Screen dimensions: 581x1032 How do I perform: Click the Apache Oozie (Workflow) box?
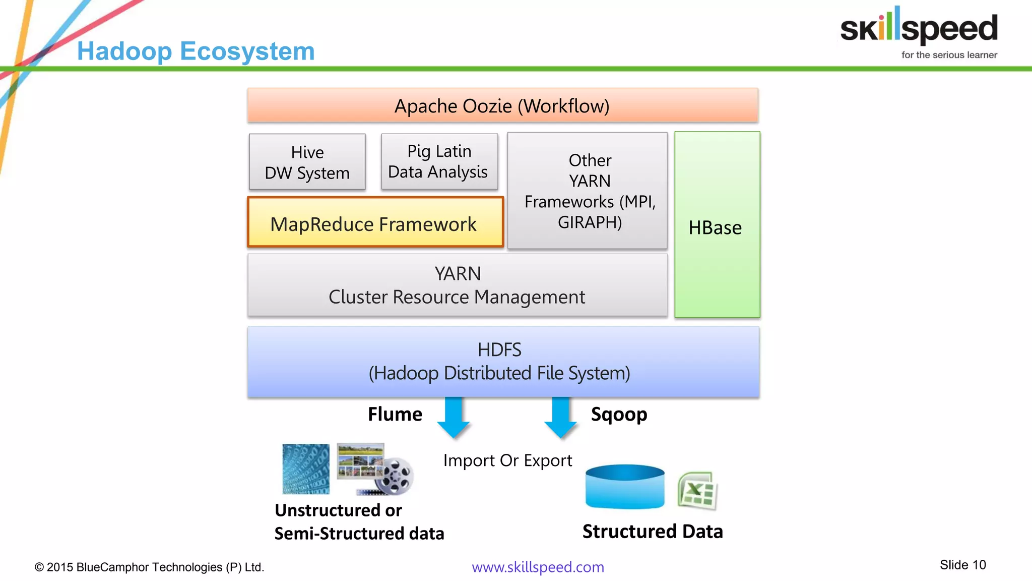(x=502, y=105)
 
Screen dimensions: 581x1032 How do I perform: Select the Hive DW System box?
(x=307, y=162)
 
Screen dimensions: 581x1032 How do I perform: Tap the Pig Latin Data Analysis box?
(x=439, y=161)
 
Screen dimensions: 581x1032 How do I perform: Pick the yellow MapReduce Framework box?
(x=375, y=222)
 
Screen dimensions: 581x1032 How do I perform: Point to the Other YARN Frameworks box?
(x=588, y=191)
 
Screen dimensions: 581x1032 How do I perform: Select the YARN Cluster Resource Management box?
(x=457, y=285)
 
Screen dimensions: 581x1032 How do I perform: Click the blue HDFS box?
(x=503, y=362)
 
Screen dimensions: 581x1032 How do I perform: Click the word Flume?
(x=395, y=414)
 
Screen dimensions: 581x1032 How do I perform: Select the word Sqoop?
(x=619, y=414)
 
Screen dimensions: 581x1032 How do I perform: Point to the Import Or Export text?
(x=507, y=460)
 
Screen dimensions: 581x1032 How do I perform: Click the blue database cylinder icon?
(x=625, y=487)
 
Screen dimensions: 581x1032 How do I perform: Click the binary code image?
(x=305, y=469)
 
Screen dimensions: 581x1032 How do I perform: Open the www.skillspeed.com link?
(x=538, y=567)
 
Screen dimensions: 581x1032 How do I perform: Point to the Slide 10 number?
(x=962, y=565)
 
